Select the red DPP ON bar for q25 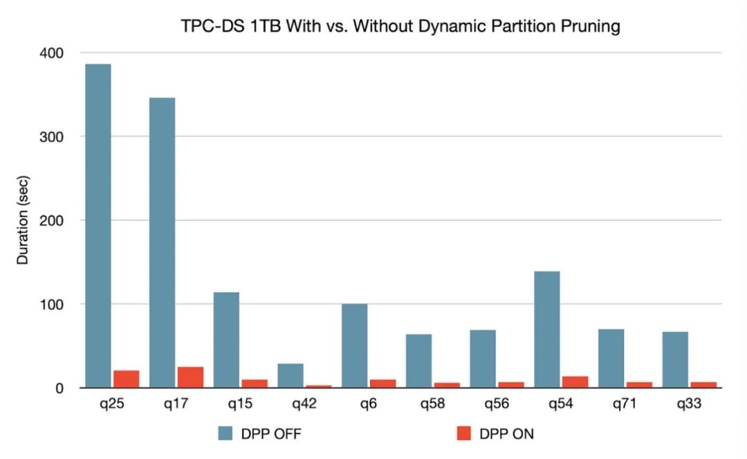tap(126, 379)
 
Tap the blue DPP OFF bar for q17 tap(162, 242)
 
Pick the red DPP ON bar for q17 tap(190, 377)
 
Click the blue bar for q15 tap(226, 340)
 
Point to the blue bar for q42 tap(290, 376)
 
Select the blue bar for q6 tap(354, 346)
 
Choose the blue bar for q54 tap(547, 330)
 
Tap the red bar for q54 tap(575, 382)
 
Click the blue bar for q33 tap(675, 360)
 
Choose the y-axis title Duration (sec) tap(24, 221)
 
